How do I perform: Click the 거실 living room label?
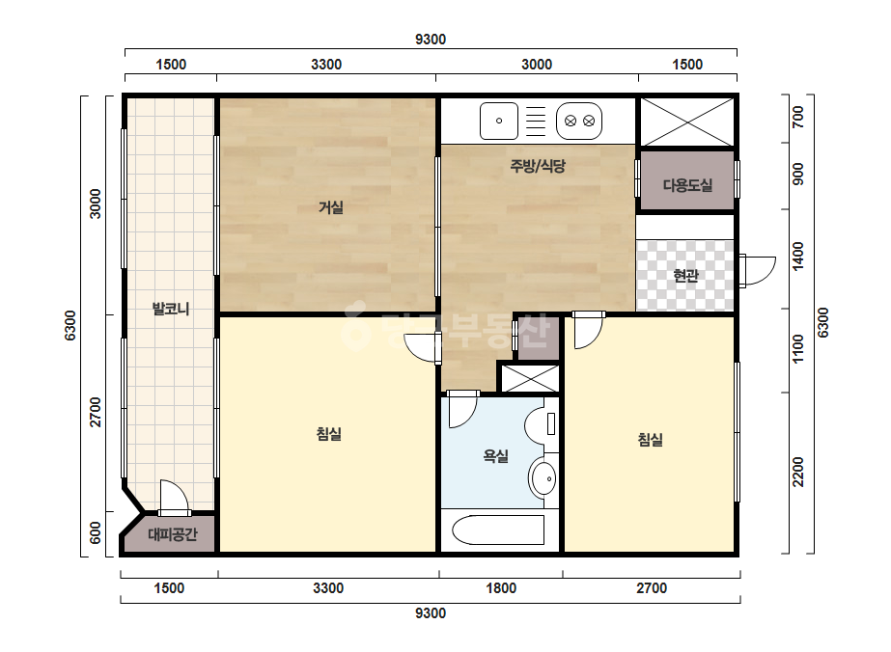(x=330, y=207)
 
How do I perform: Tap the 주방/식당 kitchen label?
(x=538, y=165)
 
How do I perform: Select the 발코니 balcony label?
(x=171, y=309)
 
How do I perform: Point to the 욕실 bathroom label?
(x=495, y=455)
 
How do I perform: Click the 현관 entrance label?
(x=685, y=276)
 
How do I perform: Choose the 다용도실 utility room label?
(x=687, y=184)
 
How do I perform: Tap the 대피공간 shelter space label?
(x=173, y=534)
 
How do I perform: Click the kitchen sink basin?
(x=499, y=121)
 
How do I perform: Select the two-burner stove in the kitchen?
(x=579, y=121)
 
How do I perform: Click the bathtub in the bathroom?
(x=498, y=530)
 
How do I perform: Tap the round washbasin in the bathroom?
(x=543, y=478)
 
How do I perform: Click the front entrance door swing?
(x=757, y=270)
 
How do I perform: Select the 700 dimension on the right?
(x=797, y=117)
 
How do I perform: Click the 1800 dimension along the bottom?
(x=501, y=587)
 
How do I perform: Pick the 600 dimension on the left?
(x=96, y=532)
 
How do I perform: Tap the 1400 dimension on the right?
(x=797, y=257)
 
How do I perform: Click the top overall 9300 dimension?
(x=431, y=40)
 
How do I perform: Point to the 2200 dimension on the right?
(x=797, y=472)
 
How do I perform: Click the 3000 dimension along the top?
(x=537, y=65)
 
